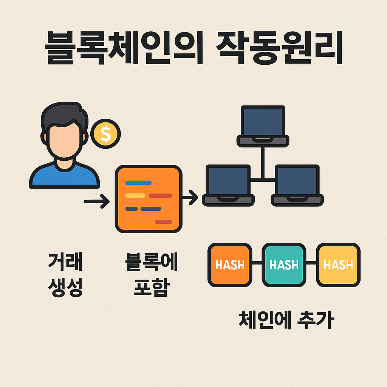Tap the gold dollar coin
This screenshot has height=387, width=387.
pos(105,133)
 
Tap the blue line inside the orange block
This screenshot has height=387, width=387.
pos(138,183)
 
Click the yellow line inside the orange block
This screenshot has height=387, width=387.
pos(135,195)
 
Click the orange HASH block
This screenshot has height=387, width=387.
pos(229,264)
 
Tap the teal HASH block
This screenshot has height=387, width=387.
pos(284,264)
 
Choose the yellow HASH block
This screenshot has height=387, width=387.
pos(338,264)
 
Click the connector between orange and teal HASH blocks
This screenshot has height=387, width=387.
pos(257,263)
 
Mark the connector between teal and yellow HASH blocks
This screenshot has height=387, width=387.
pos(311,263)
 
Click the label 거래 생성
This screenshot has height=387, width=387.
pos(65,275)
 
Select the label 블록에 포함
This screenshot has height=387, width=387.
pos(151,275)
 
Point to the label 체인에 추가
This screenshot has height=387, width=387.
pos(286,320)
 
